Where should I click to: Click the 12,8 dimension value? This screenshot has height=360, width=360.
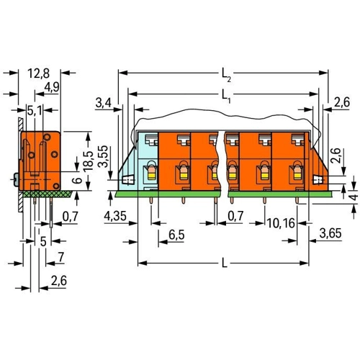coord(39,73)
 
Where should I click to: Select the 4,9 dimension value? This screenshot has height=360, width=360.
coord(52,87)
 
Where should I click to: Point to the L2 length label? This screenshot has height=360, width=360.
coord(226,75)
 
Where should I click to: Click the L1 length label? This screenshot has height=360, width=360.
coord(226,96)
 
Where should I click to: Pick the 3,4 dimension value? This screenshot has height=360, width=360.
coord(104,103)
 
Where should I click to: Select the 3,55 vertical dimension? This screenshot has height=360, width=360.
coord(104,156)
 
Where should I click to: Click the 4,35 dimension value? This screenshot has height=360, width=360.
coord(115,216)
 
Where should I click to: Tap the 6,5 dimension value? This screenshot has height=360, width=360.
coord(176,235)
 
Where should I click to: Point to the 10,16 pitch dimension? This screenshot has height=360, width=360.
coord(281,223)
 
